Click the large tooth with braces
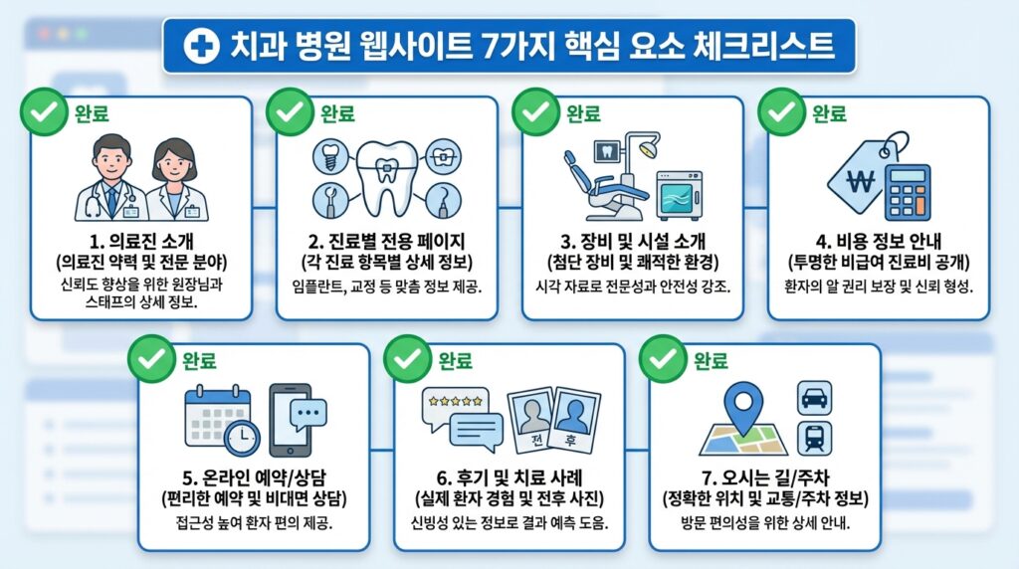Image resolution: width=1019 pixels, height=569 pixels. pyautogui.click(x=385, y=176)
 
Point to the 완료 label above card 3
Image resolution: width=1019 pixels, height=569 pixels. pyautogui.click(x=583, y=112)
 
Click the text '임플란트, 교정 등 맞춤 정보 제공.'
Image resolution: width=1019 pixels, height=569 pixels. pyautogui.click(x=386, y=287)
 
